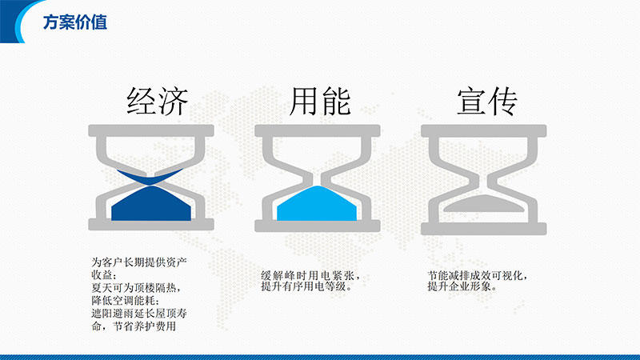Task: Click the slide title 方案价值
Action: click(75, 22)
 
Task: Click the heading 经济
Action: click(158, 102)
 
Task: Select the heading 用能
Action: click(321, 102)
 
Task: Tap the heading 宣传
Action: click(487, 102)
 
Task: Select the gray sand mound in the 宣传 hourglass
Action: click(484, 204)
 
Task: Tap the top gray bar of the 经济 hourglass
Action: click(151, 130)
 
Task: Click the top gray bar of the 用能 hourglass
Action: click(318, 130)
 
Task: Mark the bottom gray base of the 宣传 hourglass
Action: click(484, 229)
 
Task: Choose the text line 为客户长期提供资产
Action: click(139, 262)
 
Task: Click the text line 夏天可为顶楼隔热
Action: click(135, 288)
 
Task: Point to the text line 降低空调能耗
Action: click(123, 301)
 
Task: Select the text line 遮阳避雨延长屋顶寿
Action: click(139, 314)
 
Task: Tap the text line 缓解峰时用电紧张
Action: click(310, 275)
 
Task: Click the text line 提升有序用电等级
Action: click(306, 286)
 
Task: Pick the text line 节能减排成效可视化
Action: click(477, 275)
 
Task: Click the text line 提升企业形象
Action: click(462, 286)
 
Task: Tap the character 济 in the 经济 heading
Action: click(174, 102)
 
